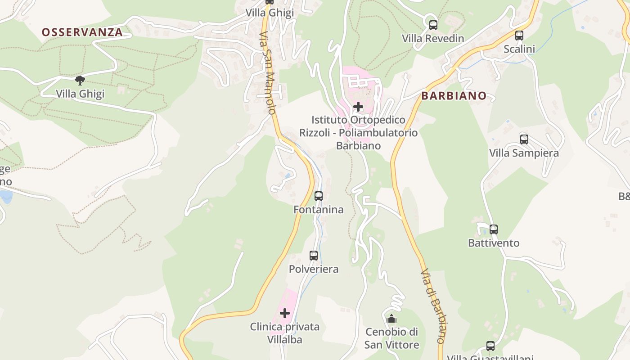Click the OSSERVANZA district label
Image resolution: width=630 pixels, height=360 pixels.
[82, 32]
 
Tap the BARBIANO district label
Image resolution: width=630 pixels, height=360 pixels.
[454, 96]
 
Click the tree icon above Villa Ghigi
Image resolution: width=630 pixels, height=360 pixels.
[80, 81]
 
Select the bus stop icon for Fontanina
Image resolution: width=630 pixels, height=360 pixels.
[319, 196]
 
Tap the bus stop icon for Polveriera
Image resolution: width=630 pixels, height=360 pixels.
[314, 256]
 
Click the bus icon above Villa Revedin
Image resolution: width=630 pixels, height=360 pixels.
[433, 25]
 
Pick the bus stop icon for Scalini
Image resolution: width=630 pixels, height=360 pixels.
[519, 36]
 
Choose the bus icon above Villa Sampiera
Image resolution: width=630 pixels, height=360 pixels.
[524, 139]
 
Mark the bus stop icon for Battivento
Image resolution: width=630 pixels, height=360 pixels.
[494, 229]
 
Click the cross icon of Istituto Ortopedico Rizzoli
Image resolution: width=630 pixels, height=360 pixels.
[358, 107]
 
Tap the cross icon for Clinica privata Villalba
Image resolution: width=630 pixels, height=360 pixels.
[285, 313]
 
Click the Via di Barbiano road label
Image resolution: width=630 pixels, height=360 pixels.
[433, 306]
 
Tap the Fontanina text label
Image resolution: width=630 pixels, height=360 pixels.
[319, 210]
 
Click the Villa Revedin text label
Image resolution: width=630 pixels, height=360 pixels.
[433, 39]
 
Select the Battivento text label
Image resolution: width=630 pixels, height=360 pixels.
[494, 243]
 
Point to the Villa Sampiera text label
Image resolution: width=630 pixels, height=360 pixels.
[524, 153]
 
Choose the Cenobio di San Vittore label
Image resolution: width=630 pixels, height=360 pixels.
[391, 338]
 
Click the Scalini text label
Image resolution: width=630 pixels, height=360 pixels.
[519, 49]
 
